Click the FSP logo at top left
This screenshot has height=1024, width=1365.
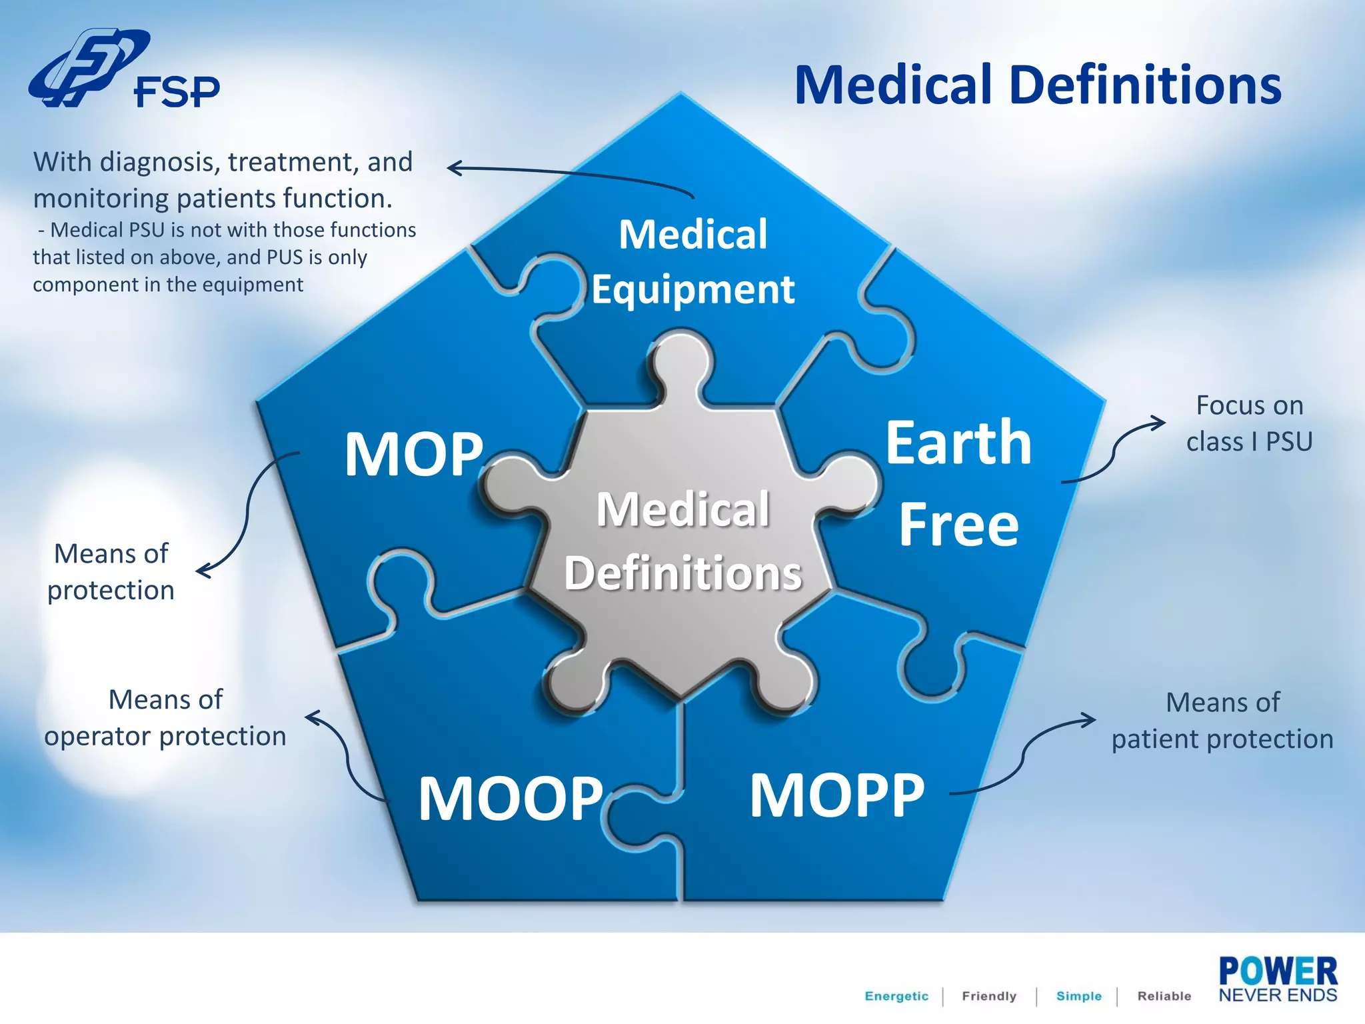click(123, 70)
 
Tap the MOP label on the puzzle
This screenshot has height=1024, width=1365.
click(414, 455)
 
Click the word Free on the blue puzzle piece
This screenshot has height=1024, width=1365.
click(958, 525)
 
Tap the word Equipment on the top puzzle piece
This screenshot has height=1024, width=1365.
click(693, 289)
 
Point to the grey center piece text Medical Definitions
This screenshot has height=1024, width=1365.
click(683, 541)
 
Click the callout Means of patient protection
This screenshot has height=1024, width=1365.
click(1222, 721)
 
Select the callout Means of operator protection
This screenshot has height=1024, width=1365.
click(165, 718)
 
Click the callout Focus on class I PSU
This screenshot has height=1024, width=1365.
click(1249, 423)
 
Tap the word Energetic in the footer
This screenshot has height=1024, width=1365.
click(896, 996)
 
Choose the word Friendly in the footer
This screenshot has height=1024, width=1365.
click(989, 996)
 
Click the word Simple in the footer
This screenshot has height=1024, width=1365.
click(1078, 996)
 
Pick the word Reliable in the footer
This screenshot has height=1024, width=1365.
click(1164, 996)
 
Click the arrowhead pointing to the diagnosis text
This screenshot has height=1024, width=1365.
click(453, 168)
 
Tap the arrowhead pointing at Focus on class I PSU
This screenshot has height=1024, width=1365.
click(1160, 422)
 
